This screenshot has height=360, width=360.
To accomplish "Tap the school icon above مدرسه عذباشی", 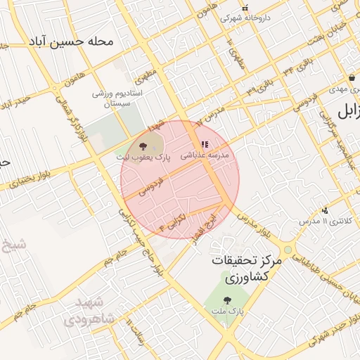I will tap(205, 144).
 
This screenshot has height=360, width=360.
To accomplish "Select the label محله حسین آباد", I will tap(71, 41).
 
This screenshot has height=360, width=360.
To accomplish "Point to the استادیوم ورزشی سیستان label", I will tap(118, 98).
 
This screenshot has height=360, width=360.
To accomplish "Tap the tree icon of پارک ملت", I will tap(226, 300).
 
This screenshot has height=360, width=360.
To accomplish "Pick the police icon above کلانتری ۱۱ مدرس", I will tap(325, 210).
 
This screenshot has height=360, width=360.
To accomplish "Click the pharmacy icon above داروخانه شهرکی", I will tap(245, 8).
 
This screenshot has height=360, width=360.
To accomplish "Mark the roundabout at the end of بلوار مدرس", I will tap(287, 250).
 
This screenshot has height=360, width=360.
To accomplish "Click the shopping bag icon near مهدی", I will tap(352, 77).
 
